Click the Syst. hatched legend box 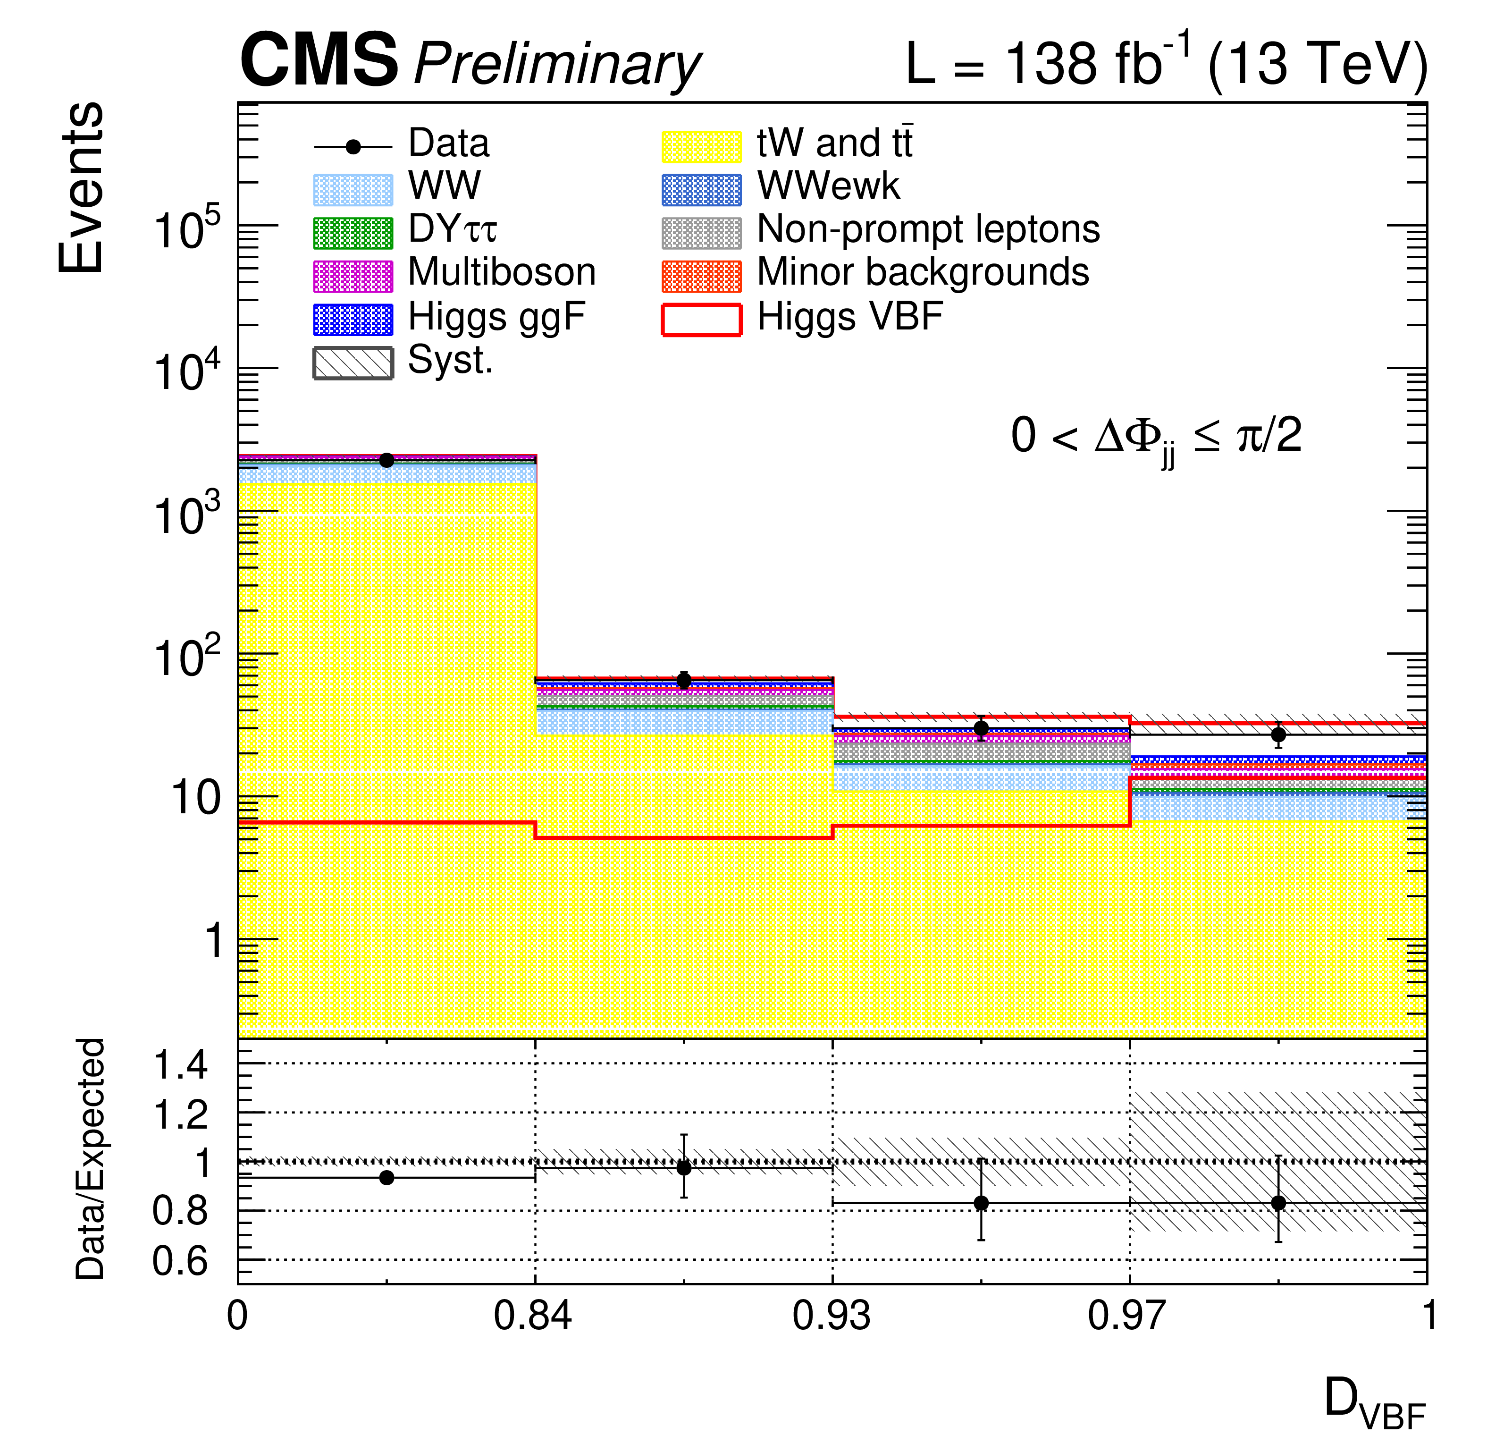(353, 363)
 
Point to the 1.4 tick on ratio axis (181, 1066)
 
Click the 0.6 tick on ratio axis (181, 1262)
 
